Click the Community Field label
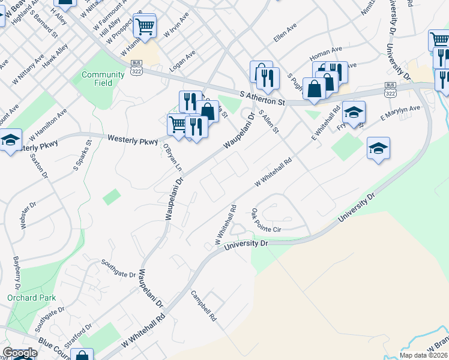tap(97, 79)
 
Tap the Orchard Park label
tap(31, 298)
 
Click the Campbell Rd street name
tap(203, 306)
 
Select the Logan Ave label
tap(182, 61)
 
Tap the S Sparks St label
tap(82, 156)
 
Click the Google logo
tap(19, 353)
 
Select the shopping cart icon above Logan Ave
tap(145, 26)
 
